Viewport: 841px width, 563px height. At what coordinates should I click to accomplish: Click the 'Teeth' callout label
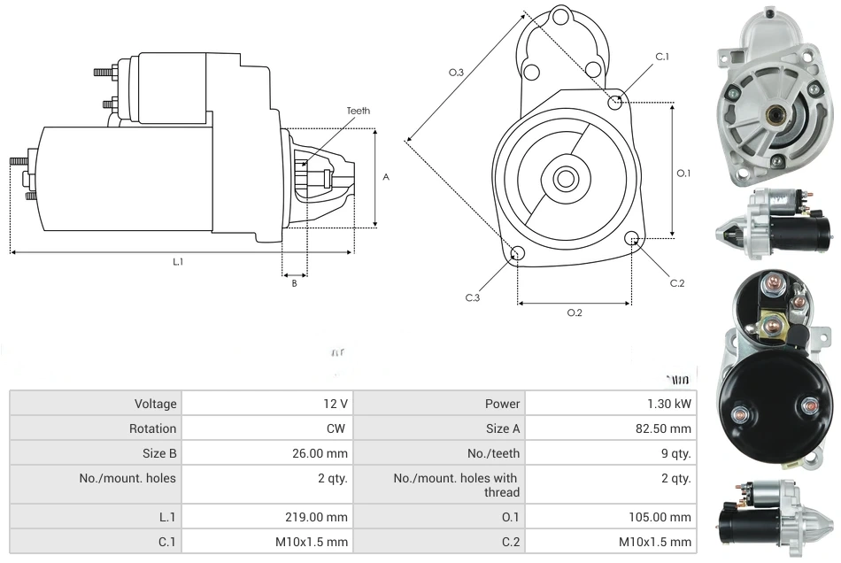358,111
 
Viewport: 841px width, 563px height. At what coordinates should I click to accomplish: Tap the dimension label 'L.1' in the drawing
177,261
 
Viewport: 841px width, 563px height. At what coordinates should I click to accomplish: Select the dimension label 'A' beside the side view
386,177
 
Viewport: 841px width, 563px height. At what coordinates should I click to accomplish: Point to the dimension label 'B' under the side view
294,283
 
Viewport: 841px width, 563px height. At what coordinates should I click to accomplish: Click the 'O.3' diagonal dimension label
456,72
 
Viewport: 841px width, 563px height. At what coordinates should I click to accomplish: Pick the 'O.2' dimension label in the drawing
575,312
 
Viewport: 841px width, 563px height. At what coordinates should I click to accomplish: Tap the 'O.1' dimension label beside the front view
683,174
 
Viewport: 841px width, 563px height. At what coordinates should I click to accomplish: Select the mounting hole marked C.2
632,238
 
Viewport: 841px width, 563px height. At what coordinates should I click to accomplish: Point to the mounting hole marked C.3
518,255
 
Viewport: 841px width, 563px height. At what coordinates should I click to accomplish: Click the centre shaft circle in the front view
565,178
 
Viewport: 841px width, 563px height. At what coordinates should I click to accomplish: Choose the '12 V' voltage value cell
336,404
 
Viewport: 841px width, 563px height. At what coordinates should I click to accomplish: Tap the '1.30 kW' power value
669,404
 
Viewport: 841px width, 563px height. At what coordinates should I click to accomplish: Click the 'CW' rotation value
339,428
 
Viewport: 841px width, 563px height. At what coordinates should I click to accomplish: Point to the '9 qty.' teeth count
675,453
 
